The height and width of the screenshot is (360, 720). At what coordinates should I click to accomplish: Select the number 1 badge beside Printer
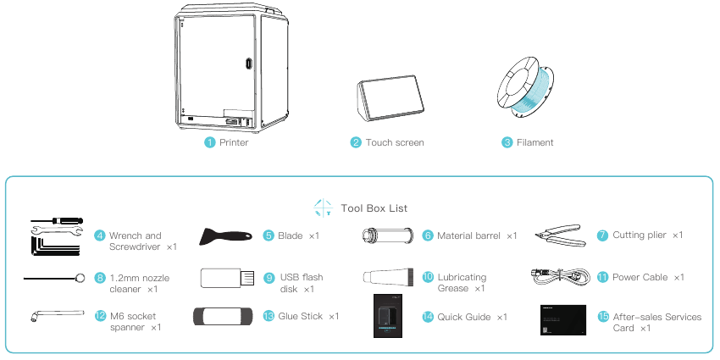209,142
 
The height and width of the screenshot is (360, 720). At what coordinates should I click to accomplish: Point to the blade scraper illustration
224,235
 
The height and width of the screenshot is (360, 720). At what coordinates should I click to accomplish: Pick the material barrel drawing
388,235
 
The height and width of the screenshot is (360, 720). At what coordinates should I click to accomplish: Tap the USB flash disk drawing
225,277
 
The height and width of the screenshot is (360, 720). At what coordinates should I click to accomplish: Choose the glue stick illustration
222,316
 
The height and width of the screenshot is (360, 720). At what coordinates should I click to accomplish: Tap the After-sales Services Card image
562,317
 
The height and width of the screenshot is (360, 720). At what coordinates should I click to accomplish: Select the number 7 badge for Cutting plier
602,235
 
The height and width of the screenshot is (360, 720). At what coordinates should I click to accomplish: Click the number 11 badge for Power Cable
602,277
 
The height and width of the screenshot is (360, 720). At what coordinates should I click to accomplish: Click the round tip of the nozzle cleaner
80,276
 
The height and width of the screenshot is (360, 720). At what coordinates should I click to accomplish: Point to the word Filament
534,142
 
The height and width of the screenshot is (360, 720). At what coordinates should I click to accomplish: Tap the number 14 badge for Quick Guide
428,317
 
